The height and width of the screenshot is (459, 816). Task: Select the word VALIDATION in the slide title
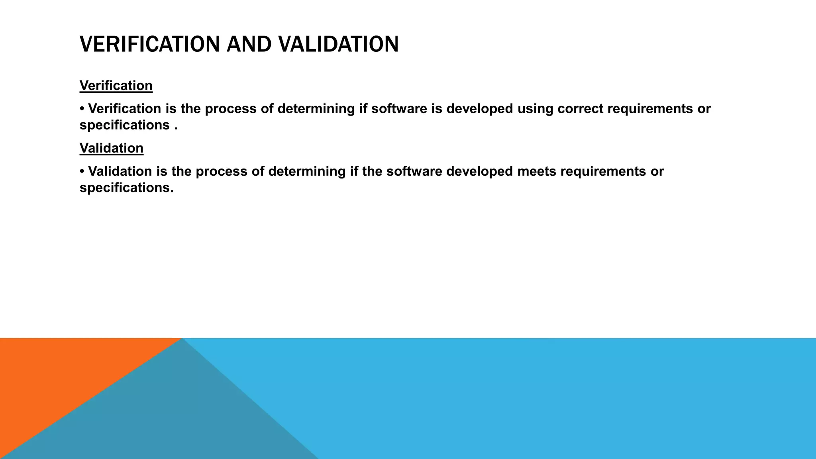pos(338,44)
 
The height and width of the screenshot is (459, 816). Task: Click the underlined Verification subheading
pos(116,86)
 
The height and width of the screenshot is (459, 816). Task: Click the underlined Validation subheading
pos(112,148)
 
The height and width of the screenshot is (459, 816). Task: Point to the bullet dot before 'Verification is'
pos(82,109)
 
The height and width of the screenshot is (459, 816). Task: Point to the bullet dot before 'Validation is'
pos(82,171)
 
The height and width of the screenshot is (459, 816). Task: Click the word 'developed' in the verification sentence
pos(479,109)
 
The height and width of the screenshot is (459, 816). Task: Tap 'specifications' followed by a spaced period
pos(124,125)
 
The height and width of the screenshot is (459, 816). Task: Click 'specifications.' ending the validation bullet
pos(126,188)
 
